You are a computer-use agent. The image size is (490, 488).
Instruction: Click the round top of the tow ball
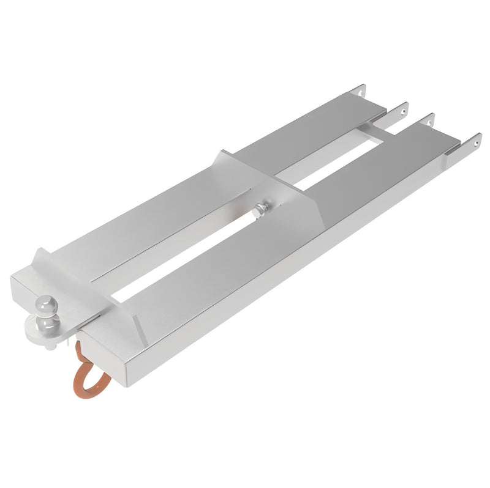(x=46, y=303)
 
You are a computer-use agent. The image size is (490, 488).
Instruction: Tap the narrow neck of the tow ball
(x=46, y=312)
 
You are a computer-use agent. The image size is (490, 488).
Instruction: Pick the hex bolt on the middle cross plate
(x=261, y=210)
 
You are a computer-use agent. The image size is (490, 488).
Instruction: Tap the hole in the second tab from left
(x=402, y=111)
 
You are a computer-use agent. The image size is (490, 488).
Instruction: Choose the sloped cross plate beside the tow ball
(x=92, y=287)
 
